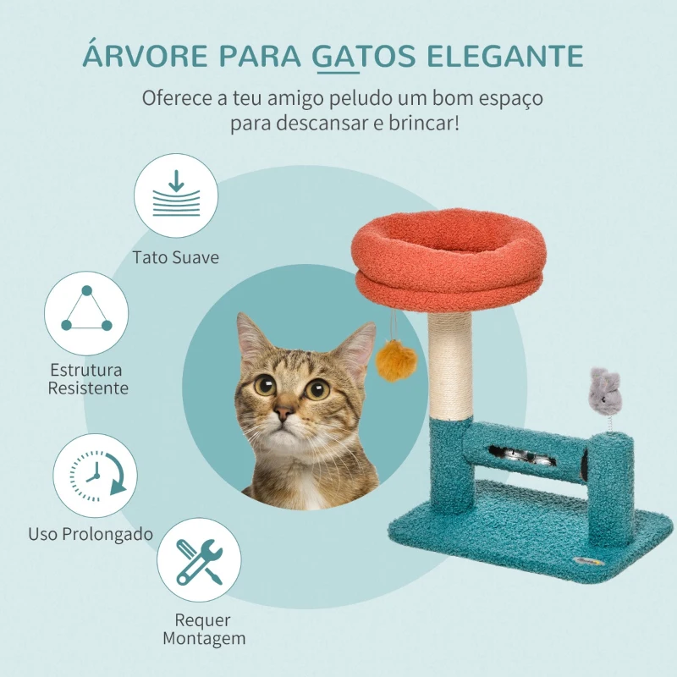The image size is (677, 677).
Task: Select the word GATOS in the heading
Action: click(364, 55)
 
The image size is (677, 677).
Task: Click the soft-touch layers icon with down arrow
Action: click(176, 195)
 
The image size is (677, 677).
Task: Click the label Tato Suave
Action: click(176, 257)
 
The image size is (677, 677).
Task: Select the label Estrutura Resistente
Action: click(88, 379)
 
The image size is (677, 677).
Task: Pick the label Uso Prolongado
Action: click(91, 534)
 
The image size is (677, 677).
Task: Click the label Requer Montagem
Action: click(204, 629)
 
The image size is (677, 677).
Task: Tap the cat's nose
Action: click(284, 413)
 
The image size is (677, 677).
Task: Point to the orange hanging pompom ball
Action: click(396, 361)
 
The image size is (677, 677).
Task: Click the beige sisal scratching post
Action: click(450, 366)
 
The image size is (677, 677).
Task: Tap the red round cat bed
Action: click(449, 260)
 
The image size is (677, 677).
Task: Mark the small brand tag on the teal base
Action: click(589, 562)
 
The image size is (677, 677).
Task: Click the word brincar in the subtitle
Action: click(424, 123)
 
